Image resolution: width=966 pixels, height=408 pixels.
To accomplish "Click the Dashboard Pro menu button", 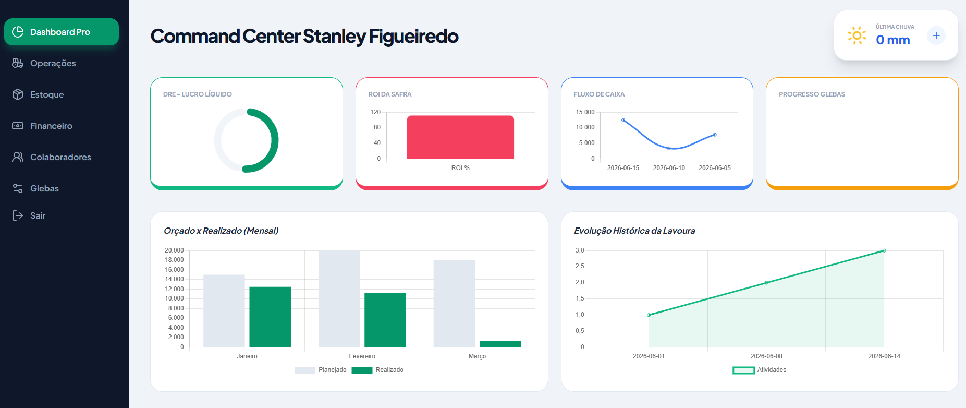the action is pyautogui.click(x=62, y=32).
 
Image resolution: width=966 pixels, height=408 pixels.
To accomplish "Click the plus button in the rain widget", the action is pyautogui.click(x=936, y=35).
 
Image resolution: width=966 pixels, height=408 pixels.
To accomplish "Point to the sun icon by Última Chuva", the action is pyautogui.click(x=857, y=35).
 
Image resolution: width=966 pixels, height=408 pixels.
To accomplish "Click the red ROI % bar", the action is pyautogui.click(x=460, y=137).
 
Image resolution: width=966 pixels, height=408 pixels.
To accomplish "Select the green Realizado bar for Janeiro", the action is pyautogui.click(x=270, y=317).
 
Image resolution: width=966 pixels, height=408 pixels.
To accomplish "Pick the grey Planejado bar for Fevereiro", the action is pyautogui.click(x=339, y=299).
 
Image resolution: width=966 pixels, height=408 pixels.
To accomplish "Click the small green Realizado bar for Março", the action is pyautogui.click(x=500, y=344).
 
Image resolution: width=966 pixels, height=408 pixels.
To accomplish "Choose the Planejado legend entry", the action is pyautogui.click(x=321, y=370).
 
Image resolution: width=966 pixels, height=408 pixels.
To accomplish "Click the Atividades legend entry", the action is pyautogui.click(x=760, y=370).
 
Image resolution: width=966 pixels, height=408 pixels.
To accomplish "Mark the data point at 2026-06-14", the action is pyautogui.click(x=884, y=250).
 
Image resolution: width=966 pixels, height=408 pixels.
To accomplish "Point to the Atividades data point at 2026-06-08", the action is pyautogui.click(x=766, y=283).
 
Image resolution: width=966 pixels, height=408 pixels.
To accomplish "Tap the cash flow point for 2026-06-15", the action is pyautogui.click(x=623, y=120).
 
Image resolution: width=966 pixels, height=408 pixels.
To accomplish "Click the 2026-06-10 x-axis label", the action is pyautogui.click(x=669, y=168).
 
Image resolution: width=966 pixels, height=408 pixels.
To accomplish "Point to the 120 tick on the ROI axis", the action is pyautogui.click(x=375, y=112).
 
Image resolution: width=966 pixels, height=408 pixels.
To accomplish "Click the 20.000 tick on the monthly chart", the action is pyautogui.click(x=174, y=250).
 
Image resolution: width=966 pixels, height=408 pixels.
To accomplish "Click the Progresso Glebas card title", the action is pyautogui.click(x=812, y=94).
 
